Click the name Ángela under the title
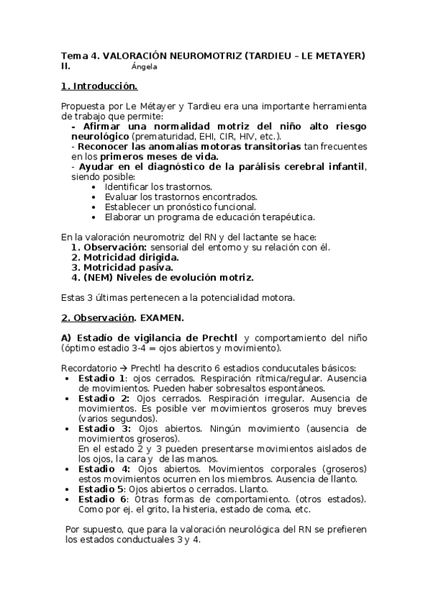pyautogui.click(x=144, y=66)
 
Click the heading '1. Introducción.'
pyautogui.click(x=99, y=86)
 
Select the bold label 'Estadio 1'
pyautogui.click(x=102, y=378)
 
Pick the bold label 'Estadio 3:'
pyautogui.click(x=104, y=429)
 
